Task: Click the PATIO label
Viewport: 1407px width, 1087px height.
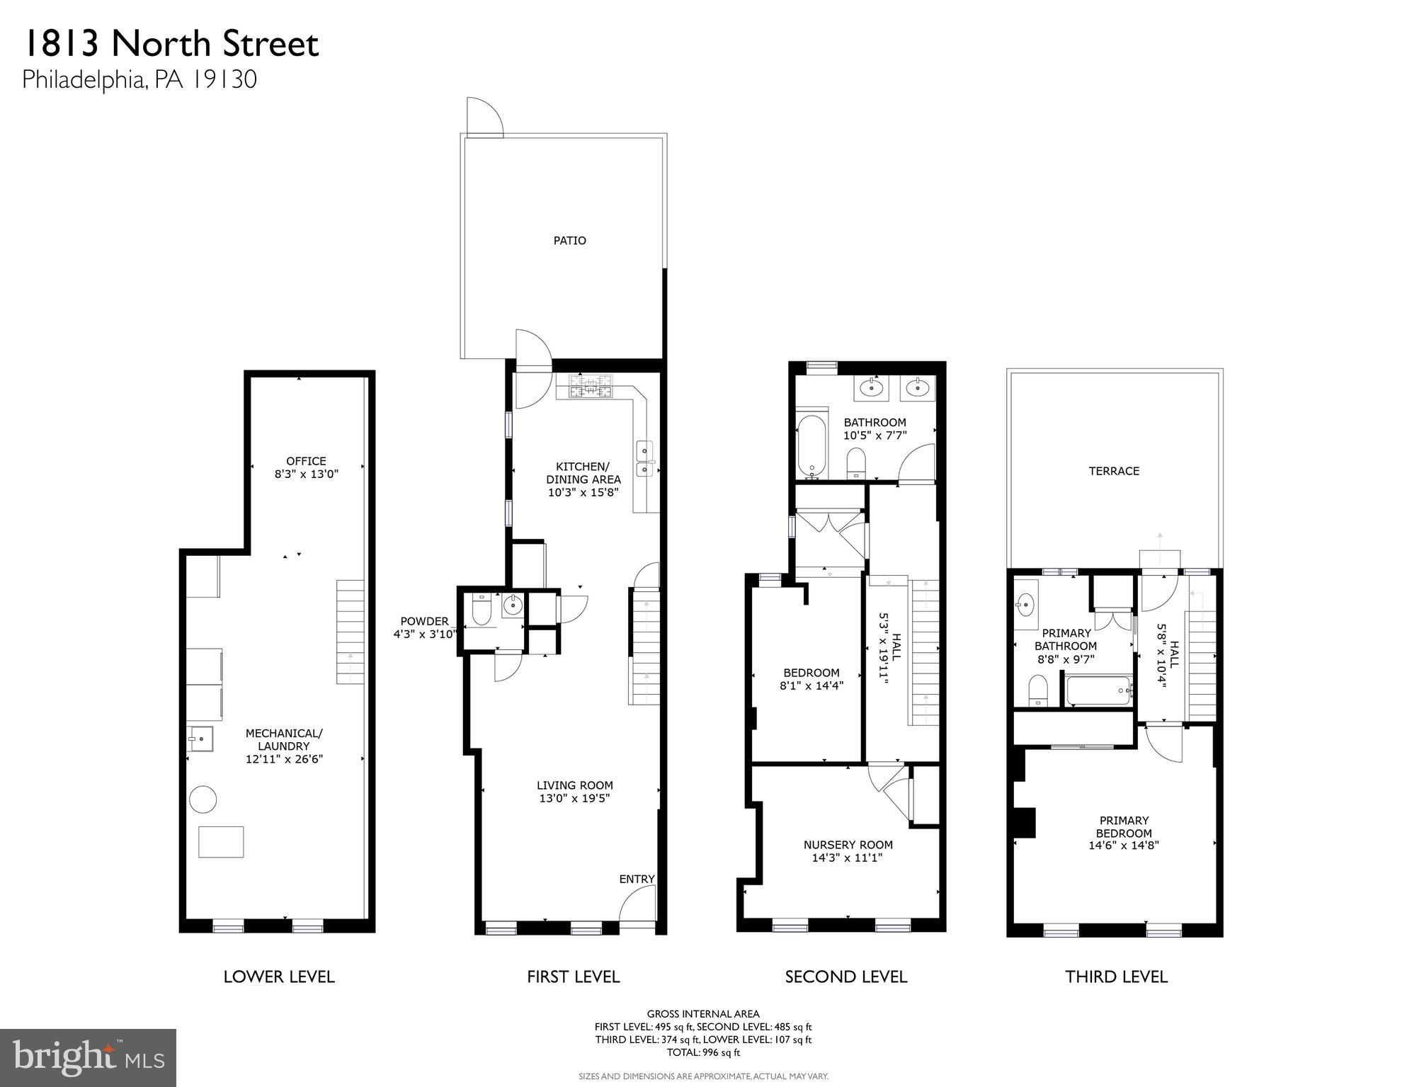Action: (569, 241)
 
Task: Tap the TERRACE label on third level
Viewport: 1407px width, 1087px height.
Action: (1114, 471)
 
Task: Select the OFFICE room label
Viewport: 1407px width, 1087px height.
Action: (306, 461)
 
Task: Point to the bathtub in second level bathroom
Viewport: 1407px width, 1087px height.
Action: (811, 445)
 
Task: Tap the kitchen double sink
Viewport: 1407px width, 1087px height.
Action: (645, 460)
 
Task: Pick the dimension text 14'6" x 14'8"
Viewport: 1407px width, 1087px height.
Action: (1124, 846)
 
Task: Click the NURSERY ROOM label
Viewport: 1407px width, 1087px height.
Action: (848, 845)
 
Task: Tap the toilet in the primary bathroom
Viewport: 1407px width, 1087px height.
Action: (1037, 690)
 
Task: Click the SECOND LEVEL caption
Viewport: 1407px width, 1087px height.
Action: (845, 977)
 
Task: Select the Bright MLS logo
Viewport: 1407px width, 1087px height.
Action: (88, 1057)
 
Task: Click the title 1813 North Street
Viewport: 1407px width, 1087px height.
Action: (171, 44)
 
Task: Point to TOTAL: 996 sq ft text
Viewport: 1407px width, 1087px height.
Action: (702, 1052)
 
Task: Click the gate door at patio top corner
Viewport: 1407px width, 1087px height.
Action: (484, 118)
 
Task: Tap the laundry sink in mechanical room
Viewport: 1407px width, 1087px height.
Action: (200, 739)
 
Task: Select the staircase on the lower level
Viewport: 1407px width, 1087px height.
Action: (350, 632)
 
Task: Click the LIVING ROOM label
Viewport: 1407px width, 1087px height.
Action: (574, 785)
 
